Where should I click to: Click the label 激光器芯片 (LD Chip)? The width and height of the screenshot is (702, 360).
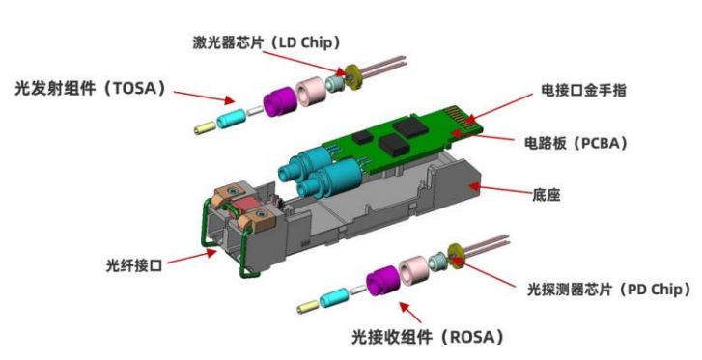(267, 42)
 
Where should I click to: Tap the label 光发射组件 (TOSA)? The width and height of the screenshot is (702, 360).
(90, 88)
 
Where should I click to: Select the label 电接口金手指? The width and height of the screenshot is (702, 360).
(583, 90)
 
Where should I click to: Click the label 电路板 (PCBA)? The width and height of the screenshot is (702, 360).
(576, 143)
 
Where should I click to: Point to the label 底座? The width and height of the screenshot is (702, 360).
(547, 195)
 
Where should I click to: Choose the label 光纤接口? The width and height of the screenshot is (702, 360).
(134, 265)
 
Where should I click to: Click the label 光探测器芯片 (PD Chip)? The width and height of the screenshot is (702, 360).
(609, 290)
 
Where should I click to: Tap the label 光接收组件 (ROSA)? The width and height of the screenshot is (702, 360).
(428, 337)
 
